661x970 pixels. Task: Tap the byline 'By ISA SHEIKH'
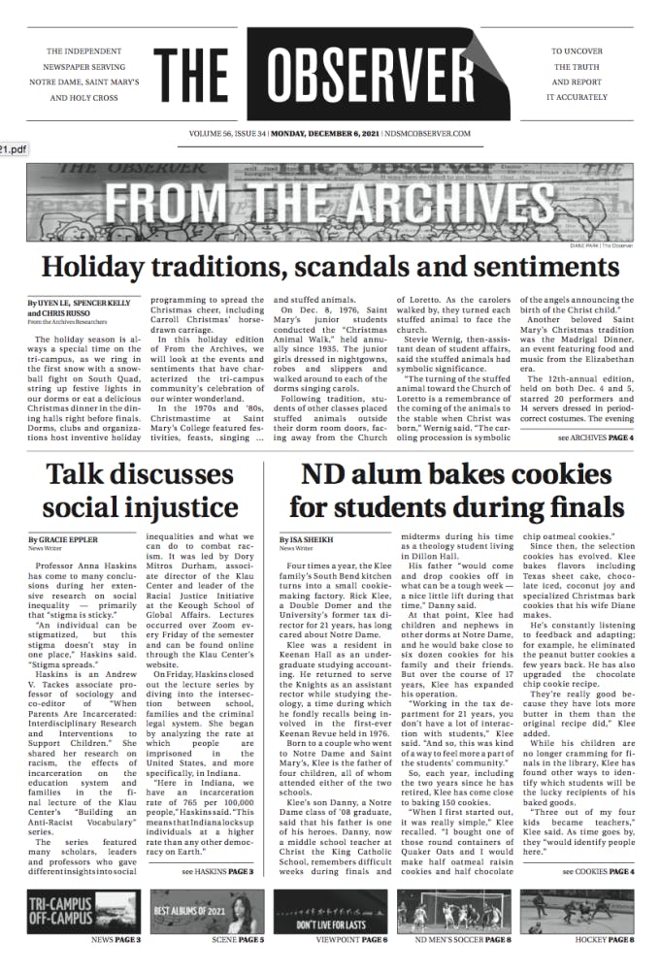pyautogui.click(x=304, y=538)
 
